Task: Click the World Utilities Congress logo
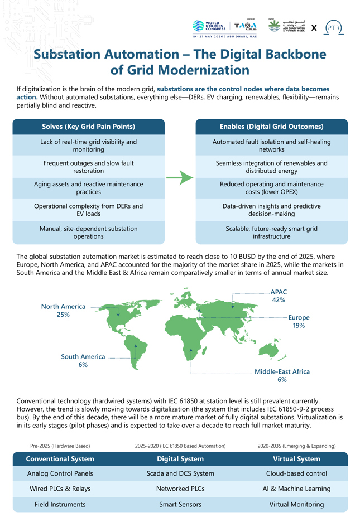tap(208, 26)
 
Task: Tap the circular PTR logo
tap(333, 27)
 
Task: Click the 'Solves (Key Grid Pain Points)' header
tap(88, 127)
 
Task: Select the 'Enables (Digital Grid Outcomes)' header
tap(271, 127)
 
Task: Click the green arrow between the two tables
tap(180, 178)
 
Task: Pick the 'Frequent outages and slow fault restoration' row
tap(88, 167)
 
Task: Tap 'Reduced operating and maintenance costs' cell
tap(271, 188)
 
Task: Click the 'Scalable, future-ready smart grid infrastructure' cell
tap(271, 232)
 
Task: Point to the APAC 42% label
tap(279, 296)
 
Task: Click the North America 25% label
tap(63, 311)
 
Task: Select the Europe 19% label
tap(299, 321)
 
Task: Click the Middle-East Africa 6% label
tap(282, 375)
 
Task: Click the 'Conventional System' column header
tap(60, 459)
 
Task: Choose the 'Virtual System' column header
tap(296, 459)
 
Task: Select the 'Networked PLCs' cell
tap(180, 489)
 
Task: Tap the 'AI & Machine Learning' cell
tap(296, 489)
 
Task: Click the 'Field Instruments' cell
tap(60, 504)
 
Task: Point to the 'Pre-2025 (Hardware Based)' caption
tap(60, 446)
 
